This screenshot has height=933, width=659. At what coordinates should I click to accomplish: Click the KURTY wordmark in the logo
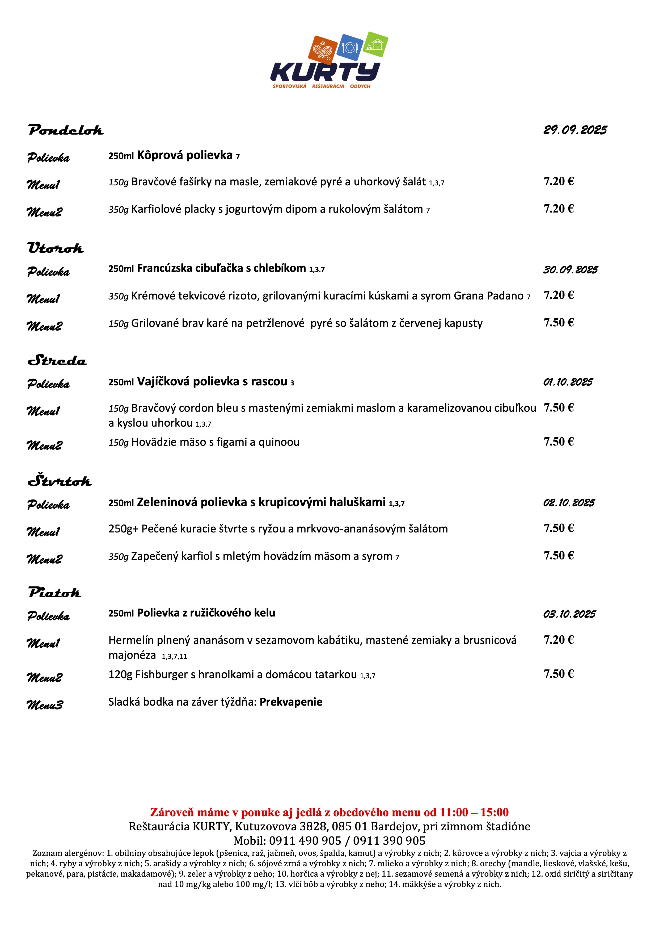325,72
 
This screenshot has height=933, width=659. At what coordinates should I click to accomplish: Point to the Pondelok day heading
66,130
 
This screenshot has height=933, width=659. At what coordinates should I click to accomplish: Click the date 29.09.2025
575,130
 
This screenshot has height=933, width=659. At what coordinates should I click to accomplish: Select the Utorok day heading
56,248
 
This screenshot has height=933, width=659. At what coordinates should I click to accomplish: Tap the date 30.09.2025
571,270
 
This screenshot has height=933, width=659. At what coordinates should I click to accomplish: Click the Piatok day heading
55,593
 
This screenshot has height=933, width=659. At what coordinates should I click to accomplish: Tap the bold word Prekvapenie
291,702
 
